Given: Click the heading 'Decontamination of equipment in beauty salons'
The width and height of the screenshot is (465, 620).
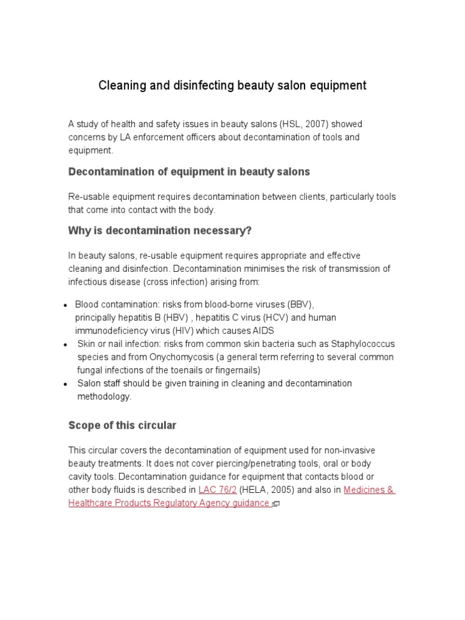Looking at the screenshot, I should tap(189, 172).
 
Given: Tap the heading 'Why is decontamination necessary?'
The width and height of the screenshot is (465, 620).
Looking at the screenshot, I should tap(160, 231).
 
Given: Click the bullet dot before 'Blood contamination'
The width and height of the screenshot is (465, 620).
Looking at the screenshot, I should tap(65, 305).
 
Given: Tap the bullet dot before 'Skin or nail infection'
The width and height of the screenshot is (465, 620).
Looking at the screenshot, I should tap(65, 345).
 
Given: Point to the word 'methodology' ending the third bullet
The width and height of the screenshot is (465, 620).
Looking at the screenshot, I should tap(104, 397).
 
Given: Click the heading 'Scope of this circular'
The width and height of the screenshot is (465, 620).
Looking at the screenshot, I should tap(122, 426).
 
